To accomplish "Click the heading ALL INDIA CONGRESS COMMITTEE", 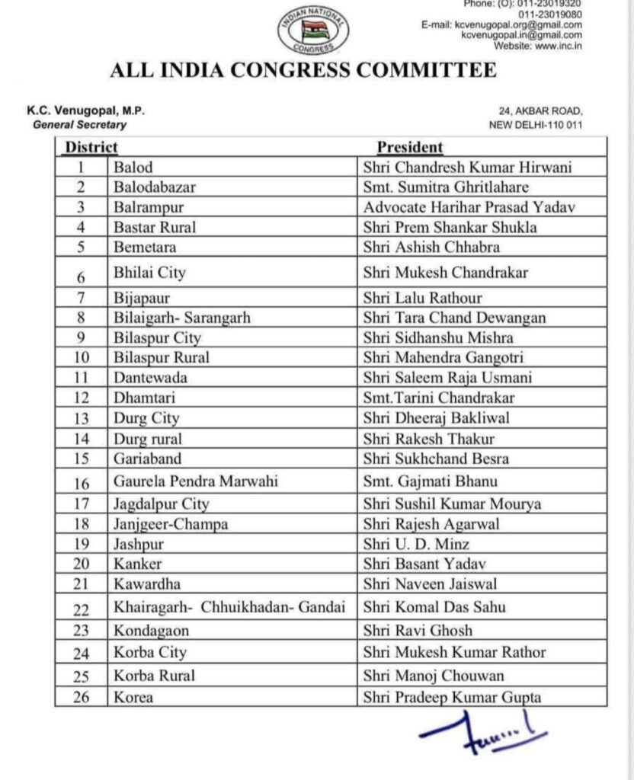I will (303, 71).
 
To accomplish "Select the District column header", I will (91, 147).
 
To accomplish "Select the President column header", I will (410, 147).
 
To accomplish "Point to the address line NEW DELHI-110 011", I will (535, 125).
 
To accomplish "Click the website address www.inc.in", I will (558, 45).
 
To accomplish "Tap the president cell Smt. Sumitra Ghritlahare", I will (445, 187).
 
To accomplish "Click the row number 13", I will (81, 418).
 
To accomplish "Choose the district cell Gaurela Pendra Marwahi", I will (195, 482).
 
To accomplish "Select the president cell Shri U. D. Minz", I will (416, 544).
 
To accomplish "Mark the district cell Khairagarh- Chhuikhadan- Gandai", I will (229, 608).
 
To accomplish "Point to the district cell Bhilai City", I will (149, 272).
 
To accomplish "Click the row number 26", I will (81, 697).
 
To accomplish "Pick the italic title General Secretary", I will (80, 125).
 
